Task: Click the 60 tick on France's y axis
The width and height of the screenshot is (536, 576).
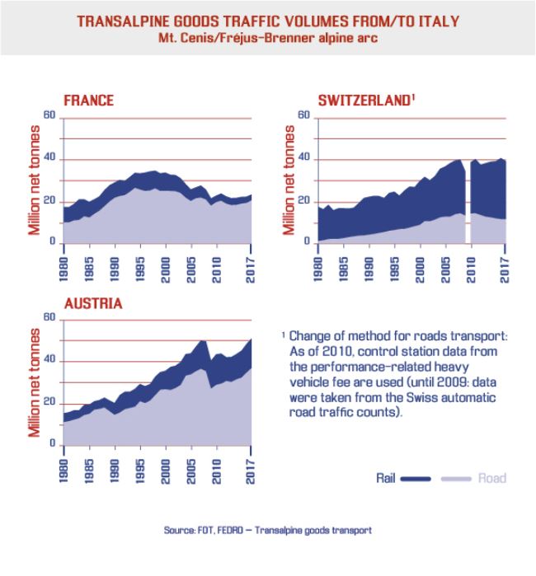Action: coord(49,116)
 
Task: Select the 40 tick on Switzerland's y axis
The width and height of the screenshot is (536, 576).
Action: coord(304,159)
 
